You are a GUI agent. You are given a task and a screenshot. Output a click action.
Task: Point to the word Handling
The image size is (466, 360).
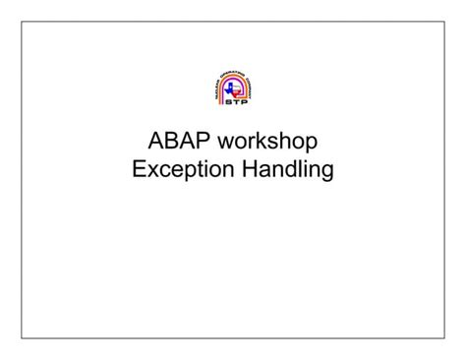[288, 172]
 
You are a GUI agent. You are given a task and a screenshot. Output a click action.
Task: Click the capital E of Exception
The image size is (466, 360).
[139, 171]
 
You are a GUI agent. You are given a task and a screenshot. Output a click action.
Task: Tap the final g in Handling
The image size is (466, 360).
[327, 174]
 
